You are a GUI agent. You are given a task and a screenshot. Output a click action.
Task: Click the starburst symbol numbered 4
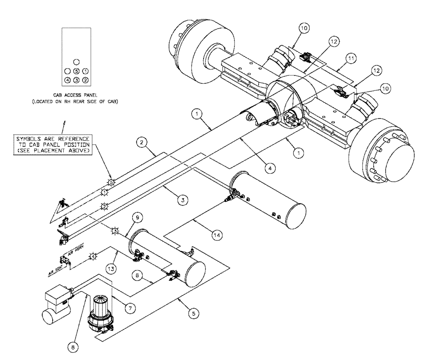[93, 256]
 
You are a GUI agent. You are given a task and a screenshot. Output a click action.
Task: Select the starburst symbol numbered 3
[115, 231]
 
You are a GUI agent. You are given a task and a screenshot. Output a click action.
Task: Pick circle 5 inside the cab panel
[76, 71]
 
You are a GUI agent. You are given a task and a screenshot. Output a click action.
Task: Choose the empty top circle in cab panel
[76, 62]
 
